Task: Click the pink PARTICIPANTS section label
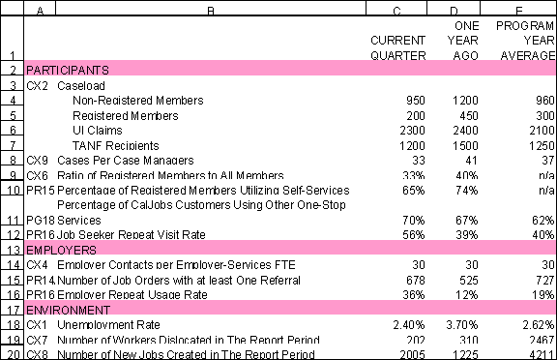point(68,71)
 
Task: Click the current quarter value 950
point(417,101)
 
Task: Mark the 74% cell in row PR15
point(468,191)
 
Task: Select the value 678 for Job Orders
point(417,280)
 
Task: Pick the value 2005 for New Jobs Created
point(413,354)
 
